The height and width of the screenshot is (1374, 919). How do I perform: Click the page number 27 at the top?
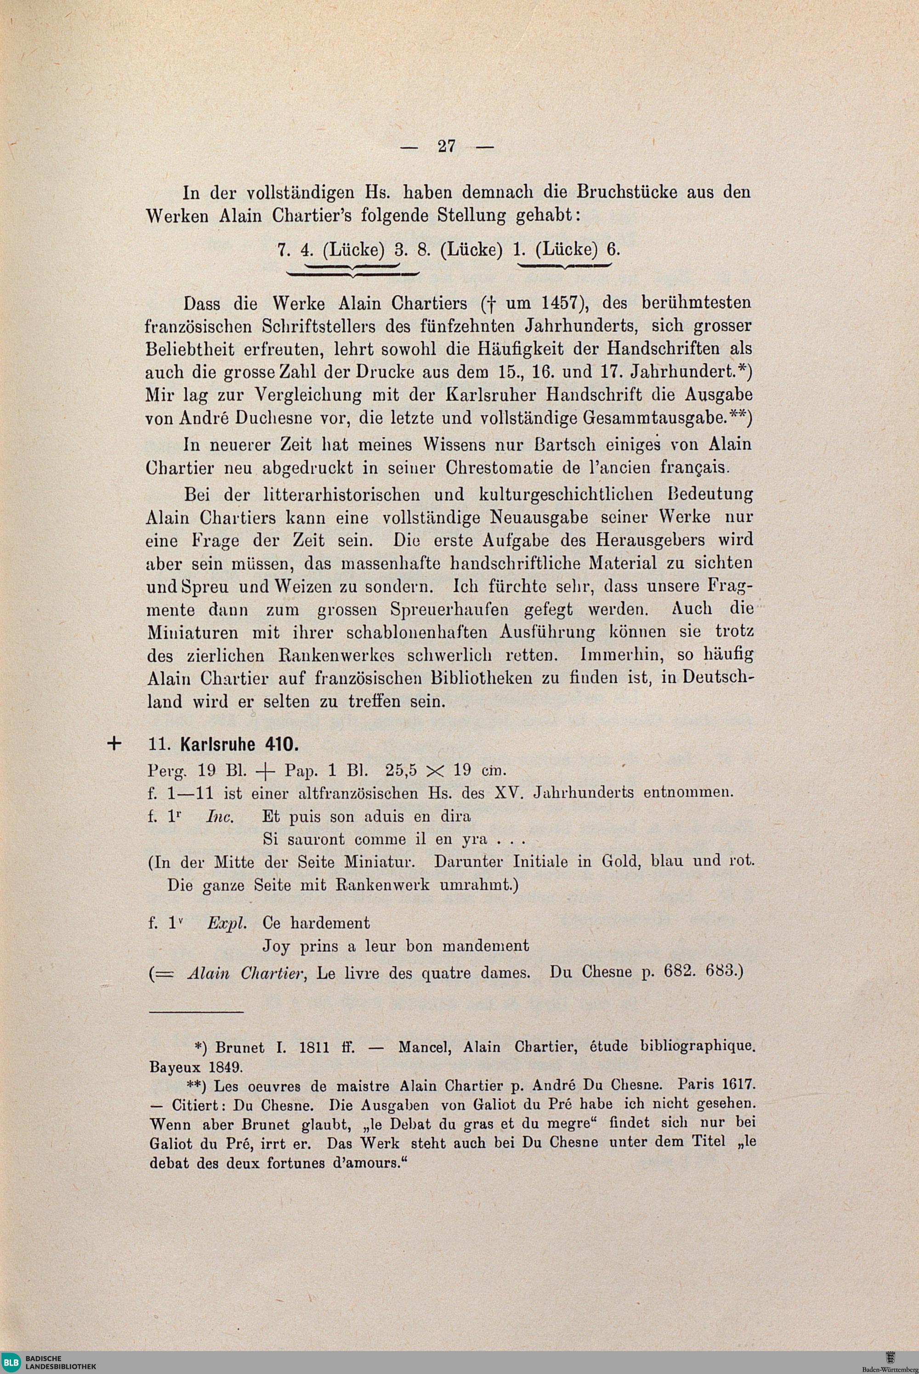click(x=447, y=146)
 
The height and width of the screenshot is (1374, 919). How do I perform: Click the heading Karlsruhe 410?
click(x=239, y=745)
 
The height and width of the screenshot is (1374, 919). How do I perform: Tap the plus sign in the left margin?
click(x=114, y=744)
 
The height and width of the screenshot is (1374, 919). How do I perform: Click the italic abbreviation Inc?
click(x=221, y=817)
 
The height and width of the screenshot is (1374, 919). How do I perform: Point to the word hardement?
click(x=330, y=923)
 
